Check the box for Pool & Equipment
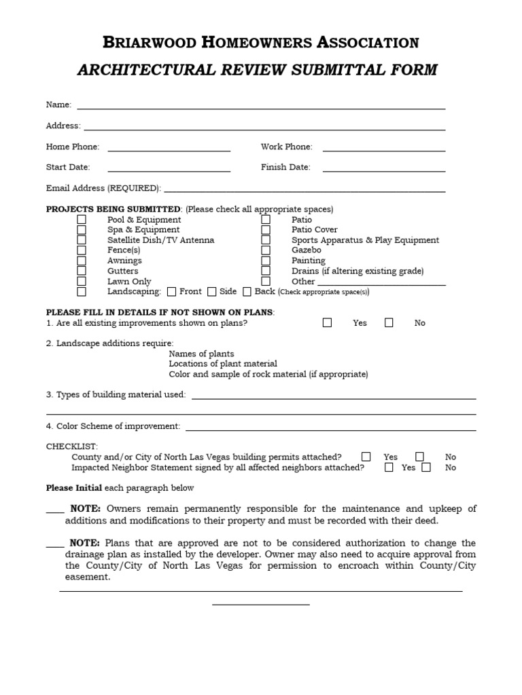pyautogui.click(x=82, y=220)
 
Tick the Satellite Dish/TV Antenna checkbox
pyautogui.click(x=82, y=240)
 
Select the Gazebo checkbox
pyautogui.click(x=266, y=250)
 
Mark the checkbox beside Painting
pyautogui.click(x=266, y=261)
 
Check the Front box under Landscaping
pyautogui.click(x=171, y=292)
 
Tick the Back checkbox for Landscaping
pyautogui.click(x=247, y=292)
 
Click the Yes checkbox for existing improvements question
pyautogui.click(x=327, y=323)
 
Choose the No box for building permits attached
pyautogui.click(x=420, y=457)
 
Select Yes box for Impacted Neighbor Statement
pyautogui.click(x=389, y=467)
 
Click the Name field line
pyautogui.click(x=262, y=107)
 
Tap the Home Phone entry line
pyautogui.click(x=169, y=149)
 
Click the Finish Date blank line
pyautogui.click(x=384, y=170)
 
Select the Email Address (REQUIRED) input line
pyautogui.click(x=304, y=191)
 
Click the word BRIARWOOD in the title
pyautogui.click(x=147, y=43)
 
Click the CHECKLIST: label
pyautogui.click(x=72, y=447)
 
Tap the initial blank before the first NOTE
pyautogui.click(x=55, y=511)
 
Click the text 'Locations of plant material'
pyautogui.click(x=223, y=364)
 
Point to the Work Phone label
pyautogui.click(x=286, y=147)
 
